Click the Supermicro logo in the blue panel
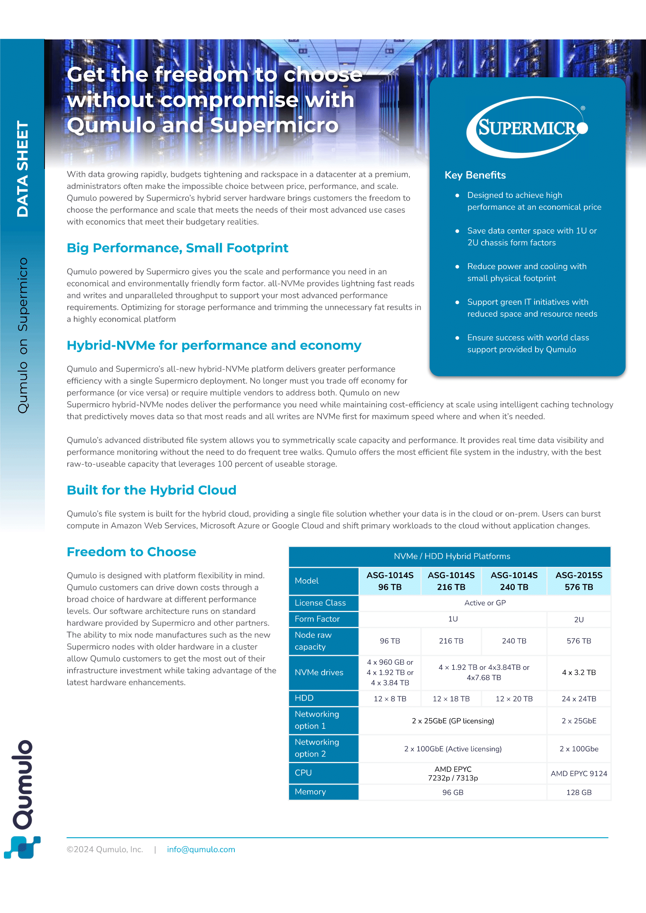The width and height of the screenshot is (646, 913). tap(526, 127)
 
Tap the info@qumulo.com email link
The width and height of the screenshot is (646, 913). tap(201, 849)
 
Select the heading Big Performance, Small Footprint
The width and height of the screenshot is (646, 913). tap(177, 248)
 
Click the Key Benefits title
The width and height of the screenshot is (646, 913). tap(475, 175)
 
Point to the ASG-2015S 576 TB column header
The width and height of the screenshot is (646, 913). tap(578, 581)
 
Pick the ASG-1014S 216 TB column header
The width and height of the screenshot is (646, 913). tap(451, 581)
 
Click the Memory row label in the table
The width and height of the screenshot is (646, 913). tap(310, 792)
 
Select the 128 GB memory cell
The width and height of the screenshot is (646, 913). tap(578, 792)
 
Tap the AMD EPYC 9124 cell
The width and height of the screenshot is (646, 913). tap(578, 773)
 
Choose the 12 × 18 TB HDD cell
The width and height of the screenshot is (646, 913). tap(451, 699)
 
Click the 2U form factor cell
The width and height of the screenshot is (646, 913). tap(578, 619)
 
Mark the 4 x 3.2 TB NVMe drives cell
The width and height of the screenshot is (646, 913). tap(578, 673)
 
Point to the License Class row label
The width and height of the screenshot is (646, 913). tap(320, 603)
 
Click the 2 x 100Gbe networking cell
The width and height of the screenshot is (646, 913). tap(578, 749)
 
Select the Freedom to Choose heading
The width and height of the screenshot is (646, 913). tap(131, 552)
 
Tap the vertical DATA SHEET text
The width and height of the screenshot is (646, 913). tap(22, 169)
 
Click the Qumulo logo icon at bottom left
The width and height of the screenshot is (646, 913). tap(22, 847)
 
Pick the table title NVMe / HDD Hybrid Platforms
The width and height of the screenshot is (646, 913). tap(451, 556)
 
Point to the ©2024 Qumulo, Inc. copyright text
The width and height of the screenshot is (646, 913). tap(105, 849)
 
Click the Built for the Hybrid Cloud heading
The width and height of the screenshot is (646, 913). tap(152, 490)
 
